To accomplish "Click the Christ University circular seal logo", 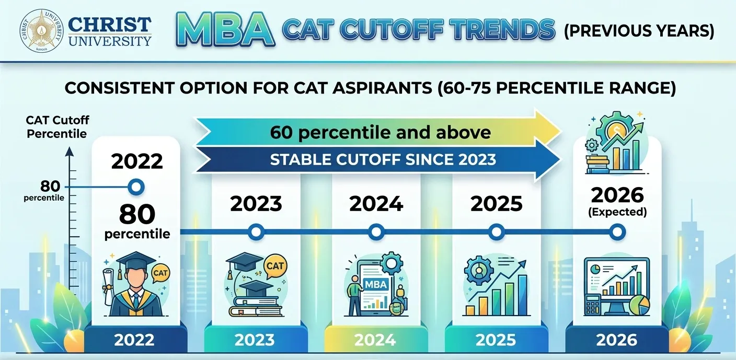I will click(x=42, y=30).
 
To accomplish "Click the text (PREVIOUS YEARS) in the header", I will click(x=638, y=31).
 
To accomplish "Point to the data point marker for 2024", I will click(x=375, y=231).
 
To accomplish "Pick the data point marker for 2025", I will click(x=497, y=231).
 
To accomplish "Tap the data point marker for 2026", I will click(x=617, y=231).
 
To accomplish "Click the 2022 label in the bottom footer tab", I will click(x=134, y=340).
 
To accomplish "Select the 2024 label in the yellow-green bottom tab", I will click(x=375, y=340).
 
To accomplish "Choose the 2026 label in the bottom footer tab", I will click(x=617, y=340).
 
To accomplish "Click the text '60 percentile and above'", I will click(x=380, y=132).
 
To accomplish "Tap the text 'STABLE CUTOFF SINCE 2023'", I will click(x=383, y=159).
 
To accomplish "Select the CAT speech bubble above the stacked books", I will click(x=275, y=266).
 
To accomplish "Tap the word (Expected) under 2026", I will click(x=617, y=213).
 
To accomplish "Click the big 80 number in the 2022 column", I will click(x=137, y=214).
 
